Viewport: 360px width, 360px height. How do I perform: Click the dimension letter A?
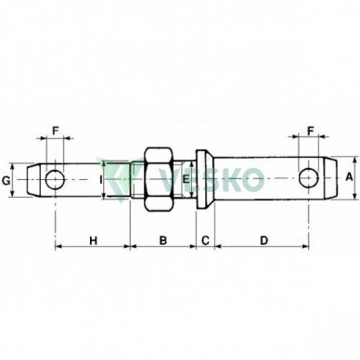pos(349,177)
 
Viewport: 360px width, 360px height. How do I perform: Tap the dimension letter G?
pos(6,180)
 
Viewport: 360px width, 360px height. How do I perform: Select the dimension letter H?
pos(93,240)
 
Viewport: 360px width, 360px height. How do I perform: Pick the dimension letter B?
pos(162,240)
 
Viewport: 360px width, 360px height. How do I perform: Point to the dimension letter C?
pos(206,240)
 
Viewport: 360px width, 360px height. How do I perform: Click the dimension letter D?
pos(264,240)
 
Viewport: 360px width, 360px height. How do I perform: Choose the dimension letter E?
pos(186,179)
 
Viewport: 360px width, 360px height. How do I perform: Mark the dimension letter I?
pos(100,179)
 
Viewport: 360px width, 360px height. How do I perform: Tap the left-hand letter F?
pos(55,131)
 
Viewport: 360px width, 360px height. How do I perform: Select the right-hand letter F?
pos(311,131)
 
